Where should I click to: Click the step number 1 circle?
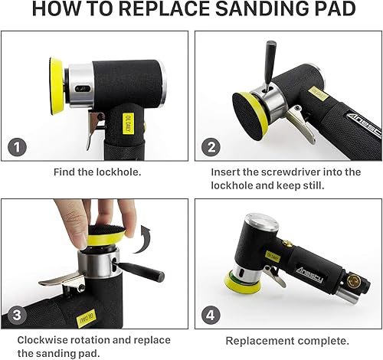click(17, 148)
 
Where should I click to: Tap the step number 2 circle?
click(211, 148)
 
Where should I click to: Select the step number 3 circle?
click(17, 315)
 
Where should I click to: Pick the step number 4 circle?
click(211, 315)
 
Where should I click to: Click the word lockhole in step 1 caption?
click(119, 172)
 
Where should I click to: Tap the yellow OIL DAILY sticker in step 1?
click(128, 123)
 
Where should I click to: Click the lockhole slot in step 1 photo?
click(82, 89)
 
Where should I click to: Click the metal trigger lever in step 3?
click(61, 280)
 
